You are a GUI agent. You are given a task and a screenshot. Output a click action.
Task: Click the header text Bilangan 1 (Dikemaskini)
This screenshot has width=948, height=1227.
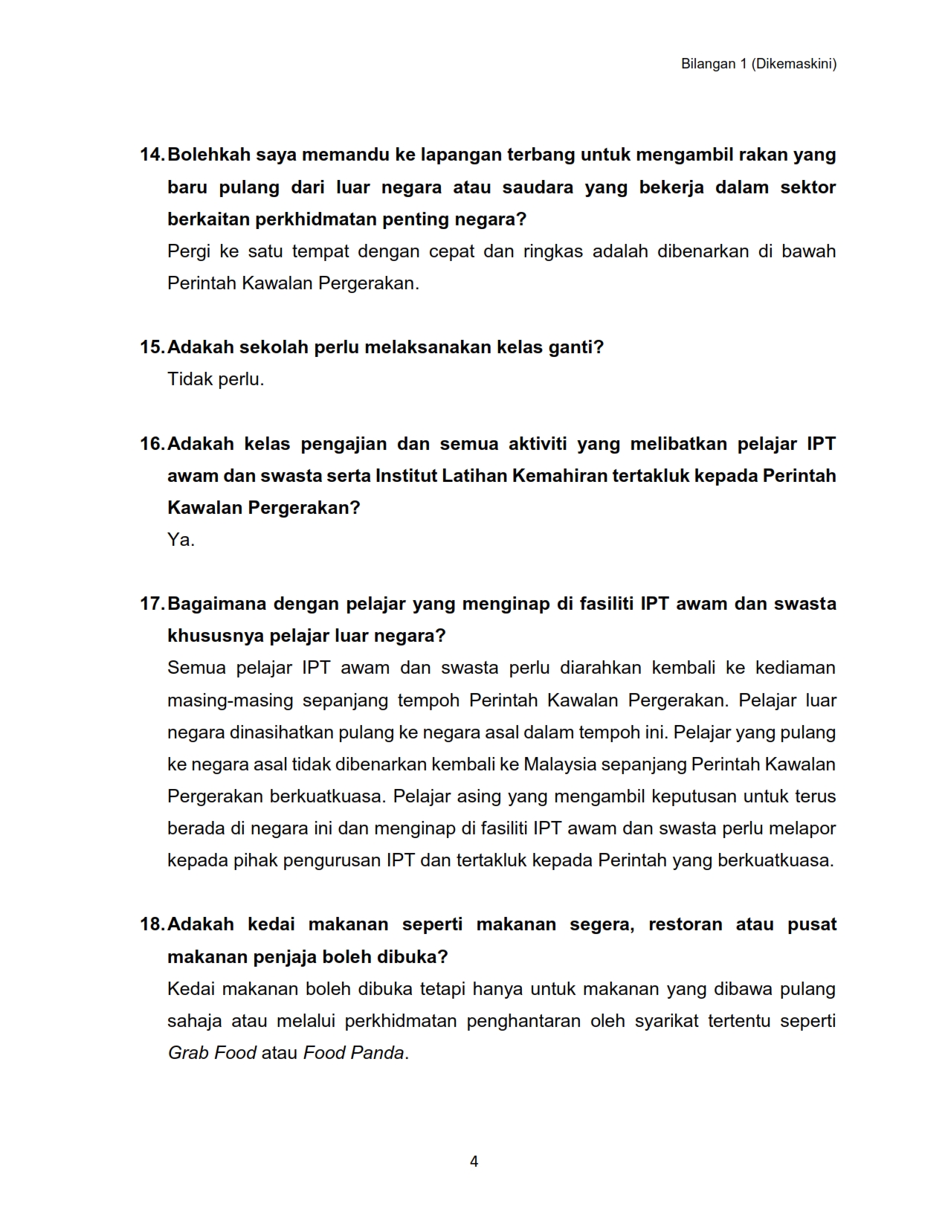(x=758, y=64)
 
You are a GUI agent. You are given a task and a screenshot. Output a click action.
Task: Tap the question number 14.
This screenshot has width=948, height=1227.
(x=152, y=155)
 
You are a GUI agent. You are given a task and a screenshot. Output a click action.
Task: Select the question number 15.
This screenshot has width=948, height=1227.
(x=152, y=347)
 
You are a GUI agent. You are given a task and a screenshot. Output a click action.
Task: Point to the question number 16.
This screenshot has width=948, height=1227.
(x=152, y=444)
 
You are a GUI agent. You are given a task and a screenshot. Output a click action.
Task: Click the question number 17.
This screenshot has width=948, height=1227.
(x=152, y=604)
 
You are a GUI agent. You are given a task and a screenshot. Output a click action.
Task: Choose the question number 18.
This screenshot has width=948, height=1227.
(x=152, y=924)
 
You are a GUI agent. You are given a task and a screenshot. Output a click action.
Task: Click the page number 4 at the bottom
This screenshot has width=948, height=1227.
(x=474, y=1162)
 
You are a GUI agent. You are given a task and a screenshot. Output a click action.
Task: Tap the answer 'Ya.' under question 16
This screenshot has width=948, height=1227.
(x=181, y=540)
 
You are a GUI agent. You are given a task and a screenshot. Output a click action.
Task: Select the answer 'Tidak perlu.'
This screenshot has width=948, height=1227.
(x=216, y=379)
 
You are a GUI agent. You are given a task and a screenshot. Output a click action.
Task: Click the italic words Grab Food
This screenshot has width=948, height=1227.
(x=212, y=1053)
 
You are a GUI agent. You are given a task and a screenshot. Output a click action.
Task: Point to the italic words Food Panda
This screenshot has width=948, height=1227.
(x=354, y=1053)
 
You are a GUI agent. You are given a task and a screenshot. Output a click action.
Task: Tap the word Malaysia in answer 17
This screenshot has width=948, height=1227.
(x=560, y=764)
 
